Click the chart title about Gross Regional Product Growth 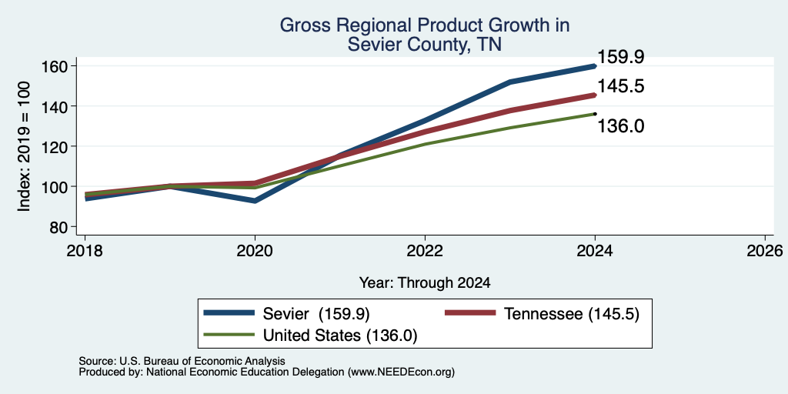[x=424, y=34]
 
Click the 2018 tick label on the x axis [x=85, y=251]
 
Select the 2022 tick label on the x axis [x=425, y=251]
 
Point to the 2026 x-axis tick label [x=765, y=251]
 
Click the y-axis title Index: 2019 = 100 [x=24, y=146]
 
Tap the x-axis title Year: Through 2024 [x=425, y=283]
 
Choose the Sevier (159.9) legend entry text [x=316, y=314]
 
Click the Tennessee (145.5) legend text [x=572, y=314]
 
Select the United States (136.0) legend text [x=340, y=336]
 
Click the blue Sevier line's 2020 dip [x=255, y=201]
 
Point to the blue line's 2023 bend [x=510, y=82]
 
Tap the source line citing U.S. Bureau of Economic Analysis [x=182, y=361]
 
